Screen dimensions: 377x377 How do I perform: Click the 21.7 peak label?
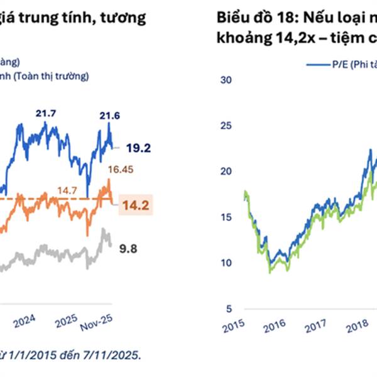[46, 113]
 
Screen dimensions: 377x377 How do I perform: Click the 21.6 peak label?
[110, 115]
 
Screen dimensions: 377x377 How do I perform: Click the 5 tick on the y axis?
[229, 309]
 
